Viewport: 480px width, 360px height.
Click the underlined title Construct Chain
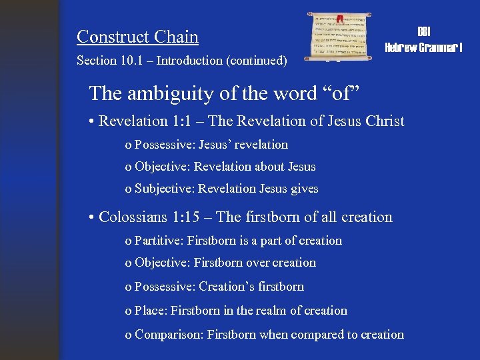(x=137, y=37)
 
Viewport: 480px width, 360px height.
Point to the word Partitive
(x=159, y=241)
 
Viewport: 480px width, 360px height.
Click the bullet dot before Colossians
(x=91, y=218)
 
